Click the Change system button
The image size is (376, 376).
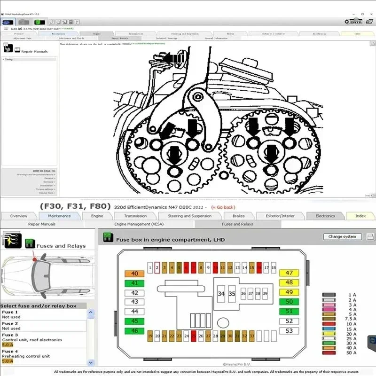tap(342, 236)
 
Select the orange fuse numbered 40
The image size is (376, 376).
tap(134, 274)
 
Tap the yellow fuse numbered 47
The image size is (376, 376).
tap(289, 273)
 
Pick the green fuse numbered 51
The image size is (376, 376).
tap(289, 311)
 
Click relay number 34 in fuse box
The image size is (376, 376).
tap(221, 294)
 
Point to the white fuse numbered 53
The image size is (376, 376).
tap(289, 331)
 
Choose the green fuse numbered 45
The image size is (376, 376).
tap(134, 321)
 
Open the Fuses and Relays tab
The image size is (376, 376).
tap(237, 224)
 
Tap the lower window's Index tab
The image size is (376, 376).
tap(360, 216)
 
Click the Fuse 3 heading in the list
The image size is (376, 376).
tap(10, 335)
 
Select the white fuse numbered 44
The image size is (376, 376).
tap(134, 311)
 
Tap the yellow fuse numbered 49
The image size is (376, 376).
tap(289, 292)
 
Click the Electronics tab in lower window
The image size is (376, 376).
tap(325, 216)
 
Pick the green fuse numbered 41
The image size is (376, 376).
tap(134, 283)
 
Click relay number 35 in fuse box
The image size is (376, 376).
tap(232, 294)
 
